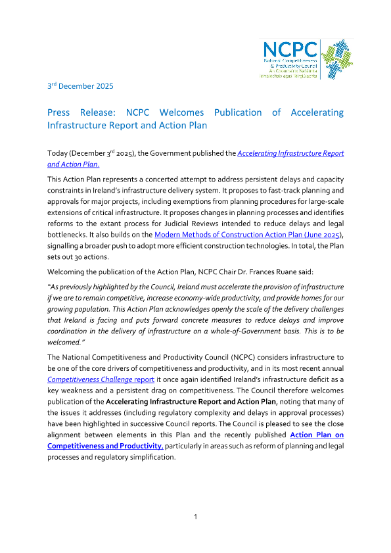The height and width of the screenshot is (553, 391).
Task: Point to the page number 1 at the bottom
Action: click(195, 517)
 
